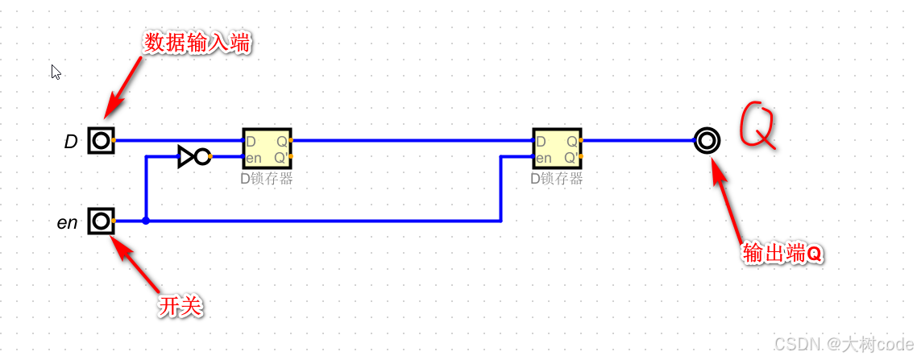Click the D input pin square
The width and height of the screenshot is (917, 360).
101,141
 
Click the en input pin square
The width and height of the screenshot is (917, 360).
101,220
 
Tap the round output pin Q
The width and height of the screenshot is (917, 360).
707,141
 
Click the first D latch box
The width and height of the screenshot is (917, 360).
267,149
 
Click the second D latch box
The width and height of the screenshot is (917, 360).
557,149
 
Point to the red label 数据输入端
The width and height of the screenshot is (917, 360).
197,43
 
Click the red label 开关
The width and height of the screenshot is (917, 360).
180,305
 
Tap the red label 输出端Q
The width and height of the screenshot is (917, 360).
782,254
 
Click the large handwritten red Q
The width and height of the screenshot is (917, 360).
759,126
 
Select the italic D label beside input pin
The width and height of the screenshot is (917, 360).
71,143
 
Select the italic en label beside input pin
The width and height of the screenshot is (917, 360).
68,223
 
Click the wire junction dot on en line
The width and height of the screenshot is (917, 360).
146,220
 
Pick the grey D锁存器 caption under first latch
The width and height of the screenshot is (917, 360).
267,179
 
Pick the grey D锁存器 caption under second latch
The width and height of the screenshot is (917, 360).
557,179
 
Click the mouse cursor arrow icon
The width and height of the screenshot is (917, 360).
56,72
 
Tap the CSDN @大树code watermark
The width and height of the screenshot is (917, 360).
843,344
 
